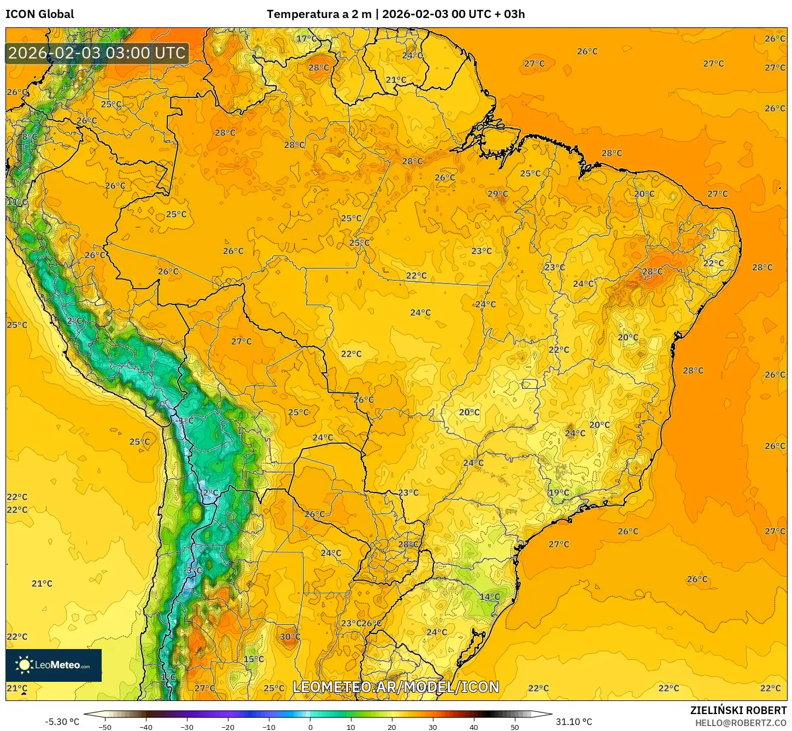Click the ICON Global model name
tap(39, 14)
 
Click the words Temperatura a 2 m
tap(319, 14)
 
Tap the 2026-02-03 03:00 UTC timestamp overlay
tap(97, 53)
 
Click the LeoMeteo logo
tap(54, 665)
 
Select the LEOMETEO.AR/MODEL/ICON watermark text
tap(396, 687)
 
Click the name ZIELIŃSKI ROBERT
tap(738, 710)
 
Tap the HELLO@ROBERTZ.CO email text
tap(741, 723)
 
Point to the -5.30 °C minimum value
tap(62, 722)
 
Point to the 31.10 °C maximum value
tap(574, 722)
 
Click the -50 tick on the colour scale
tap(105, 727)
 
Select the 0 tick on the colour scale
tap(310, 727)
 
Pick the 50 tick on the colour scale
tap(514, 727)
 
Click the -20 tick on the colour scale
tap(228, 727)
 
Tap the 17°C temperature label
tap(307, 38)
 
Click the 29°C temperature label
tap(497, 193)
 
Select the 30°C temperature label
tap(290, 636)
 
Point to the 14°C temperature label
tap(489, 597)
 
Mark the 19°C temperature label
tap(559, 492)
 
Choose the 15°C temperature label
tap(254, 659)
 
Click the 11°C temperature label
tap(17, 202)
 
